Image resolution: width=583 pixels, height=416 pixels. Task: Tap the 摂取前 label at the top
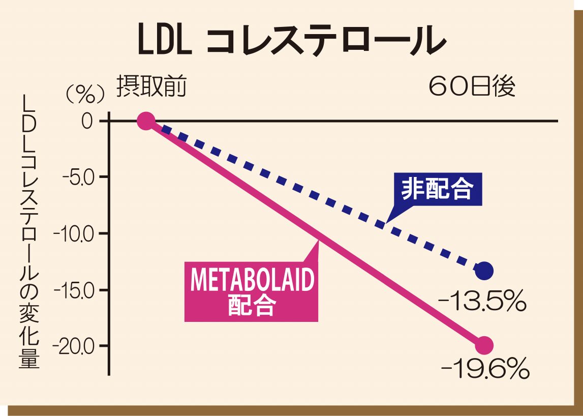click(x=151, y=87)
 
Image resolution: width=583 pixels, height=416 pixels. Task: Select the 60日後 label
click(x=472, y=87)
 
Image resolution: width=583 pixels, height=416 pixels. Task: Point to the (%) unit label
click(x=85, y=94)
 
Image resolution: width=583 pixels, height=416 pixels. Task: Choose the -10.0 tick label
click(x=76, y=234)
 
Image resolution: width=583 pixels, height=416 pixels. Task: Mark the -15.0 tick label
click(x=76, y=290)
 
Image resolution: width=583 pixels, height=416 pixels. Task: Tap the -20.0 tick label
click(x=76, y=346)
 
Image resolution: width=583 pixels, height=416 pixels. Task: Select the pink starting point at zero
click(x=146, y=121)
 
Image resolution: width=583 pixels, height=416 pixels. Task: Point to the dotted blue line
click(x=315, y=196)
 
